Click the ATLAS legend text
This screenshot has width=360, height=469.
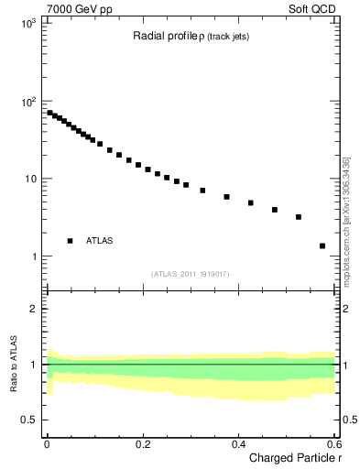(x=101, y=241)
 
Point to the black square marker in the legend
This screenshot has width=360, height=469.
(x=70, y=241)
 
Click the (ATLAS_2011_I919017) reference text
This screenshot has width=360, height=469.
(x=190, y=274)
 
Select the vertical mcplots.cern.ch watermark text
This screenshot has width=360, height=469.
(x=345, y=220)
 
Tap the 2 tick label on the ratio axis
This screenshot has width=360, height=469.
(x=36, y=309)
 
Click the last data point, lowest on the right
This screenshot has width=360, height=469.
(x=322, y=245)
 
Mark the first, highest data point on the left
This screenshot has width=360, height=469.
(x=49, y=113)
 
